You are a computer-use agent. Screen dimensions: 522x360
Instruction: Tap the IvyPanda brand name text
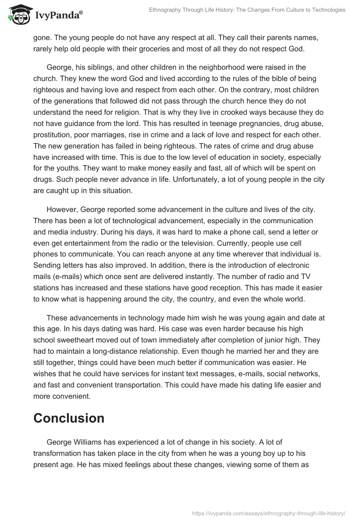click(58, 15)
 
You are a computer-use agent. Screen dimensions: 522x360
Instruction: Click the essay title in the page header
click(247, 9)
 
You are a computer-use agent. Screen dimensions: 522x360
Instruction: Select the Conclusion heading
click(69, 418)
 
